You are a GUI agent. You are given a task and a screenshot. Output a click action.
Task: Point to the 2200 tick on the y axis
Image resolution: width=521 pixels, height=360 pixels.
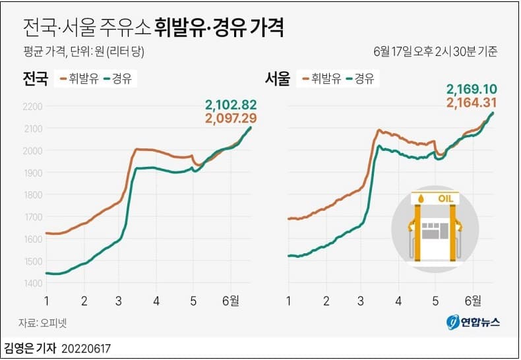[32, 106]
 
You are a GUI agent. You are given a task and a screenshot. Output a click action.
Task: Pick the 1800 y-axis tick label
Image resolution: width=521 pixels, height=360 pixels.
[32, 195]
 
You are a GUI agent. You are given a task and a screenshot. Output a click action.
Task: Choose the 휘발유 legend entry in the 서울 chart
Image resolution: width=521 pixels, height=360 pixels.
[321, 79]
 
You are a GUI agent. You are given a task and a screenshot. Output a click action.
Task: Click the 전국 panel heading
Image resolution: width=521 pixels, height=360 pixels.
[35, 79]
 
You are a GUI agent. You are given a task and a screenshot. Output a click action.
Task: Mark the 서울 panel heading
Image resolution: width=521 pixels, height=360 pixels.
[278, 79]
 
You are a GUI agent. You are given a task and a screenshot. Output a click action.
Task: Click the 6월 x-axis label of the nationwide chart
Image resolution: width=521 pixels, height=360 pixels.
[231, 301]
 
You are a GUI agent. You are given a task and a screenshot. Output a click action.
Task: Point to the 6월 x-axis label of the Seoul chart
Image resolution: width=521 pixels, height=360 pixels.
[474, 301]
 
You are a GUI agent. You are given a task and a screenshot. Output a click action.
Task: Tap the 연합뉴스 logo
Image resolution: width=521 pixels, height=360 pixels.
[474, 322]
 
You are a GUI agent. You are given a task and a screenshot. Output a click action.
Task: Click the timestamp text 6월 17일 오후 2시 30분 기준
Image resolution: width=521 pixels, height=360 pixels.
[435, 51]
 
